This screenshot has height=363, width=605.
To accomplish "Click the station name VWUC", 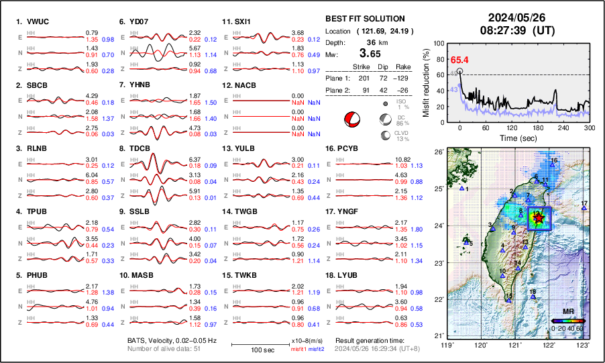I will [x=40, y=21].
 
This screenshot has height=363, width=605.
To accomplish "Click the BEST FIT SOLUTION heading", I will [x=365, y=19].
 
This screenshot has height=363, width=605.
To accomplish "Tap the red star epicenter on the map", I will [x=537, y=217].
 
